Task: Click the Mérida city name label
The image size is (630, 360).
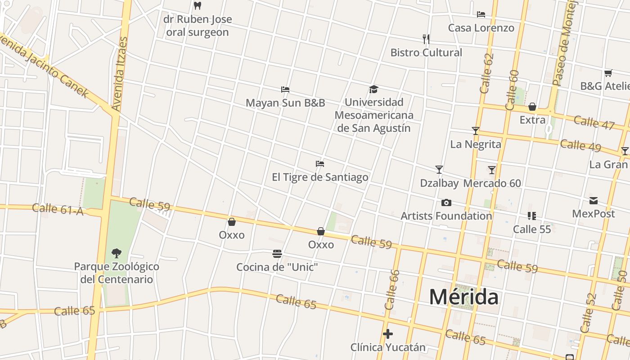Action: [x=463, y=297]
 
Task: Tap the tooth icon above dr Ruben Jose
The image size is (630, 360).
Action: [x=197, y=6]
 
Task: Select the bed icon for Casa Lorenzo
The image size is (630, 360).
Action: [x=481, y=14]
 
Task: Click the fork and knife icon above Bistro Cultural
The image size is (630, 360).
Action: [x=426, y=39]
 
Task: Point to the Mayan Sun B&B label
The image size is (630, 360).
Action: [x=285, y=103]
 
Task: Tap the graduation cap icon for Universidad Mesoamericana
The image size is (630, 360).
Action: [x=373, y=89]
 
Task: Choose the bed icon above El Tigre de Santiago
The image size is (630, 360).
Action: [x=320, y=164]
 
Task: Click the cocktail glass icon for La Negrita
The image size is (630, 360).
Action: [x=476, y=131]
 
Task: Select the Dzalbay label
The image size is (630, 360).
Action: [x=439, y=183]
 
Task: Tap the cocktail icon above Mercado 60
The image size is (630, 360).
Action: [x=492, y=170]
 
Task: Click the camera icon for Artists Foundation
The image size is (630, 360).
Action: [x=446, y=203]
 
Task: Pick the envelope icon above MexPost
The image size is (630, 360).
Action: [x=594, y=201]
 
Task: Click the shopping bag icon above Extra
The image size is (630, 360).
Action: [x=532, y=107]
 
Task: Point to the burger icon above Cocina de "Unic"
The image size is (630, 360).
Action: [x=277, y=254]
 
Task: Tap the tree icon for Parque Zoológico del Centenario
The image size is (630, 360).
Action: [x=117, y=253]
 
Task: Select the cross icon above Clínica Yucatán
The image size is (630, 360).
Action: [x=388, y=334]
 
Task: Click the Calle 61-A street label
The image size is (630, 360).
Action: [x=58, y=209]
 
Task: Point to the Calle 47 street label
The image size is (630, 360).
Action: [x=594, y=122]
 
